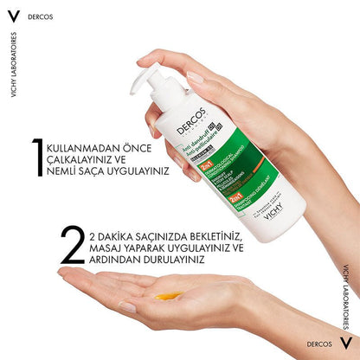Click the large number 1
(38, 160)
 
